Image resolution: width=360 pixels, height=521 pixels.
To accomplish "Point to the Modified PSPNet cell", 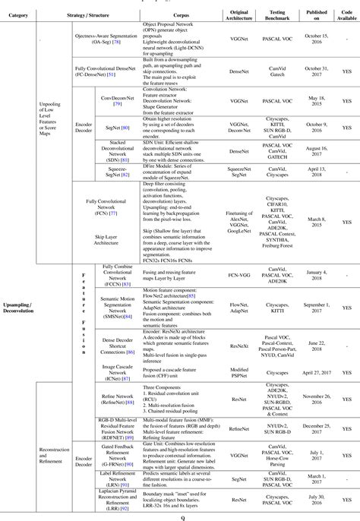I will (x=239, y=373).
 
